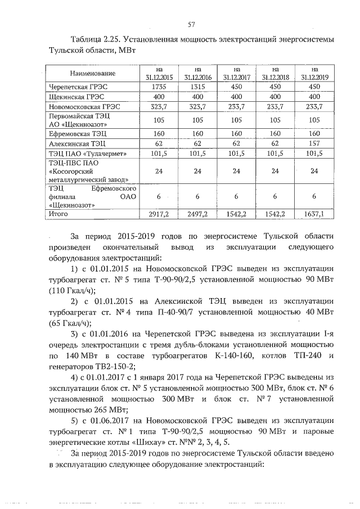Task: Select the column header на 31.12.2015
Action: pos(157,74)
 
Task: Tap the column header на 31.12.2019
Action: pos(314,74)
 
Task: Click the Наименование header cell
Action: pos(93,74)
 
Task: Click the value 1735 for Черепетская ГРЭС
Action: pos(157,87)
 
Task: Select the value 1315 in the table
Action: pos(197,87)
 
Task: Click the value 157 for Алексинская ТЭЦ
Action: pos(314,144)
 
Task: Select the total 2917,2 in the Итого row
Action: pos(157,214)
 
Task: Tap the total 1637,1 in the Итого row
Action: pos(314,214)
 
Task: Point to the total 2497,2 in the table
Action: pos(197,214)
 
